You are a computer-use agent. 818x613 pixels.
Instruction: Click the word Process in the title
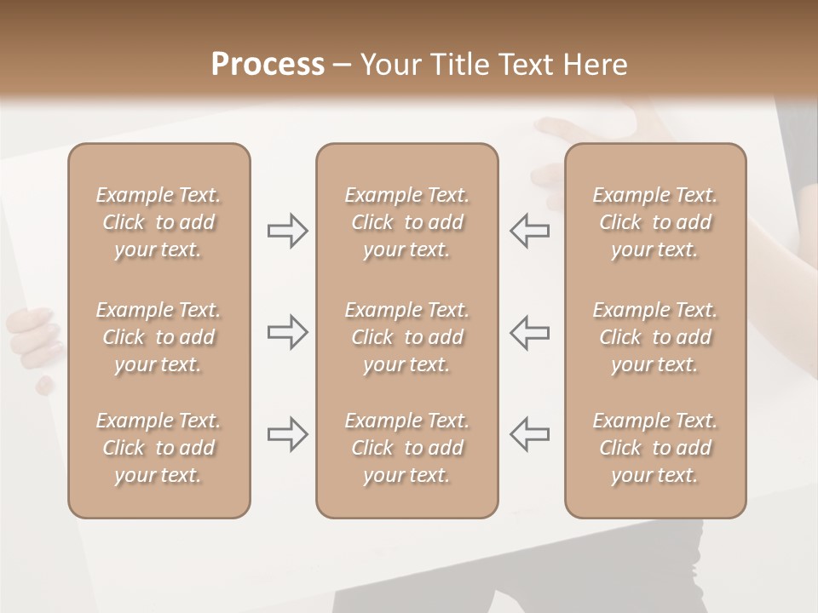tap(268, 65)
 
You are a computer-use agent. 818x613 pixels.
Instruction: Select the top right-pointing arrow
tap(287, 231)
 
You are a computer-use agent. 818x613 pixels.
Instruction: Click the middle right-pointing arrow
tap(287, 332)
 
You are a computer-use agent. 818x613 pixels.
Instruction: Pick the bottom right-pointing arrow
tap(287, 434)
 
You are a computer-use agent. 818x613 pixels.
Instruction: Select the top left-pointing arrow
tap(529, 231)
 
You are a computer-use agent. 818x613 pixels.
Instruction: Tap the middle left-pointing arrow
tap(529, 332)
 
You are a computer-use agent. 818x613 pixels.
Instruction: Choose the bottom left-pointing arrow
tap(529, 434)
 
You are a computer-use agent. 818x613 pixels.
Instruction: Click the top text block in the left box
tap(158, 222)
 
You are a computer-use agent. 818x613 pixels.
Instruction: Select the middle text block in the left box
tap(158, 337)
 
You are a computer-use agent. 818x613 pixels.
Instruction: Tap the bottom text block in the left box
tap(158, 448)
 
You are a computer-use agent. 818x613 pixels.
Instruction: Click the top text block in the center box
tap(406, 222)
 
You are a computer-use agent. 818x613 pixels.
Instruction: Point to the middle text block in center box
tap(406, 337)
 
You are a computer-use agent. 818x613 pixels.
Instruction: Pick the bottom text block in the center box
tap(406, 448)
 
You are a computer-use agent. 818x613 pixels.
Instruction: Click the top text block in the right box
tap(654, 222)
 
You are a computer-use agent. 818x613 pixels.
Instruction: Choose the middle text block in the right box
tap(654, 337)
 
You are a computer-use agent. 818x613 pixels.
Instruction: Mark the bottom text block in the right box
tap(654, 448)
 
